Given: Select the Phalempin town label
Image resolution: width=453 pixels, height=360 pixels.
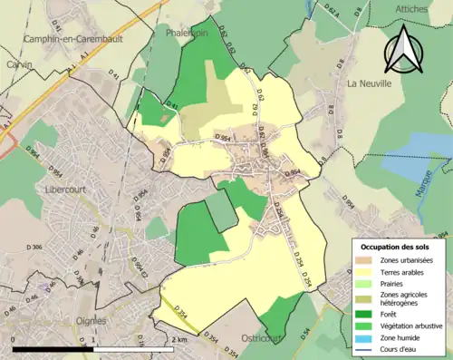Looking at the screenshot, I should click(187, 31).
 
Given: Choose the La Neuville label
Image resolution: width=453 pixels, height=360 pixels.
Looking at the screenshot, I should click(369, 83).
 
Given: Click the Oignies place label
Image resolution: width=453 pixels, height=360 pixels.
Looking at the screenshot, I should click(89, 320).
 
